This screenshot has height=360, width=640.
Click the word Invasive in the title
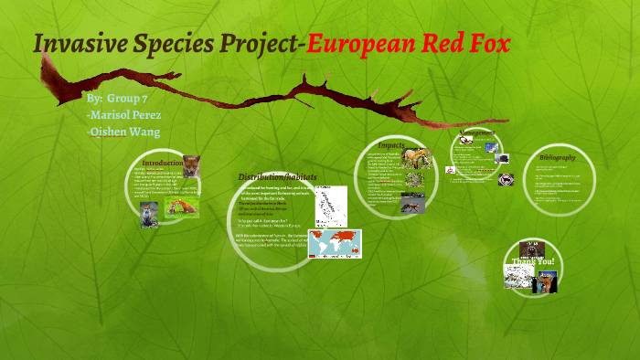coord(78,44)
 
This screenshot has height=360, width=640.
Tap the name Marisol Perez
coord(124,114)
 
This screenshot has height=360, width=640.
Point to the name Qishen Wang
coord(123,132)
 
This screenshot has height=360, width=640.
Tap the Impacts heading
coord(391,144)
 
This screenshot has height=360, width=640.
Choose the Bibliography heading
coord(558,156)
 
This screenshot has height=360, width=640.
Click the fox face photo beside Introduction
coord(192,166)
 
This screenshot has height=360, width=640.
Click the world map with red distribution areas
coord(334,243)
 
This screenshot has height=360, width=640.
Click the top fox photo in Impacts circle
coord(416,160)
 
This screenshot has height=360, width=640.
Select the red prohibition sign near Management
coord(450,169)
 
